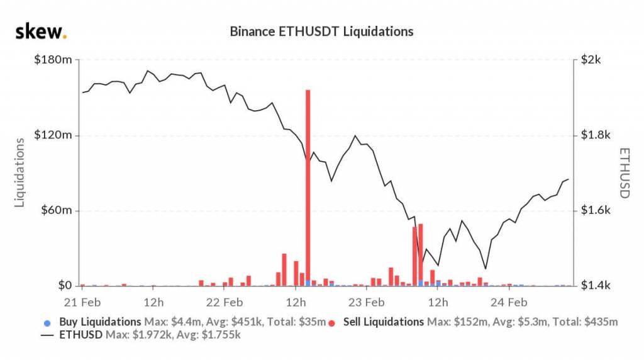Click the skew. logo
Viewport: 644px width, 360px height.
41,31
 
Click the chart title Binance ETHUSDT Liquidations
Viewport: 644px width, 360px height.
321,31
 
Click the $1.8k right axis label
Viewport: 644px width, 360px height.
594,135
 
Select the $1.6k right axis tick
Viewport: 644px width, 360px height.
594,210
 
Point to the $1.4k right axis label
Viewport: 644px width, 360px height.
594,286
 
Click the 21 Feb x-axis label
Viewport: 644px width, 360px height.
82,301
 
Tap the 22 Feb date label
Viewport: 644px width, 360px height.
225,301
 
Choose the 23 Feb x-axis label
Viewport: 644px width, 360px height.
367,301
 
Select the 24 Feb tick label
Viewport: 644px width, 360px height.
509,301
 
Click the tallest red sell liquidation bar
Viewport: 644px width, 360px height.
308,189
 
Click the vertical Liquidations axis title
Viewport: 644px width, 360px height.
19,172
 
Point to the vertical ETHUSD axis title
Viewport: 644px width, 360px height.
624,172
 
